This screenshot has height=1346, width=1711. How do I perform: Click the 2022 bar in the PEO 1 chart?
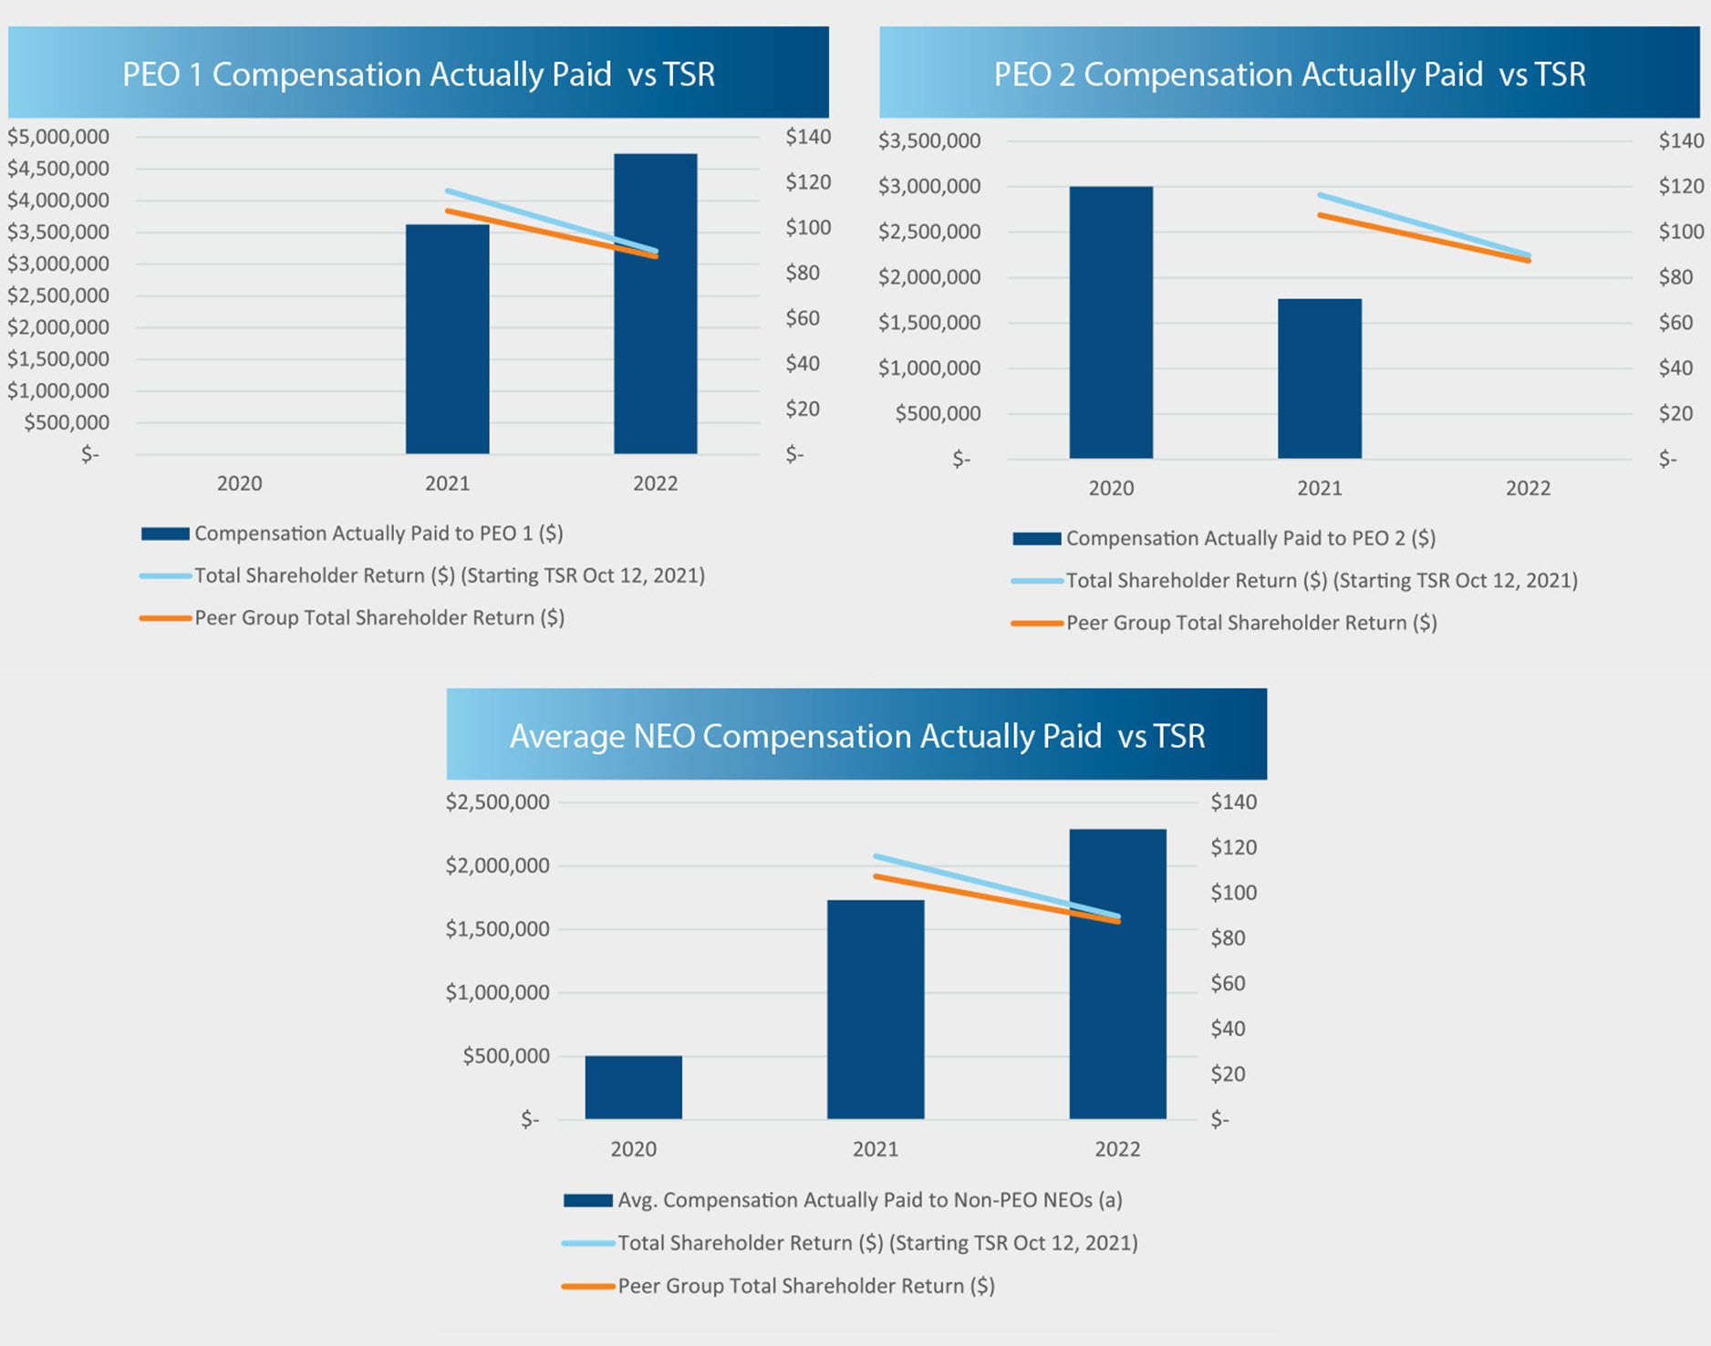coord(655,347)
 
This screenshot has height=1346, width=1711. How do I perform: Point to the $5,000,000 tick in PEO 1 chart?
coord(58,137)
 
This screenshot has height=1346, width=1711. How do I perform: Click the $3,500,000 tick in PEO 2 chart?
coord(929,140)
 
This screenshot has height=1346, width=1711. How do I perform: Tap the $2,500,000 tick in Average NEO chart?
coord(497,802)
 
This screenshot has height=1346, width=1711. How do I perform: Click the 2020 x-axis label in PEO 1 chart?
coord(239,483)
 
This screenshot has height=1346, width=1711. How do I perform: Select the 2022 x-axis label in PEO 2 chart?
coord(1528,488)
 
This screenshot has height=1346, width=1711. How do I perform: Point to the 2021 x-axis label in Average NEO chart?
coord(875,1149)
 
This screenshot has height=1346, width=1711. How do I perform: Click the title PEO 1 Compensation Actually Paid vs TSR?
coord(419,74)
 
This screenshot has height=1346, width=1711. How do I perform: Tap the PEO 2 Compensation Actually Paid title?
coord(1289,74)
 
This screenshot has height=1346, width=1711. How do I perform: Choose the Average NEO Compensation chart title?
coord(856,735)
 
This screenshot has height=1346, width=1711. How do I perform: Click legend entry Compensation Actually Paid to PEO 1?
coord(378,533)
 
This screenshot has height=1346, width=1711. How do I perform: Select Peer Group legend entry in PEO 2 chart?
coord(1250,623)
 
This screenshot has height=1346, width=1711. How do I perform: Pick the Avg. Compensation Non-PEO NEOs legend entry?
coord(869,1200)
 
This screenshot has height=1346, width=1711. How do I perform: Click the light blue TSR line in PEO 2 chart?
coord(1424,225)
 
